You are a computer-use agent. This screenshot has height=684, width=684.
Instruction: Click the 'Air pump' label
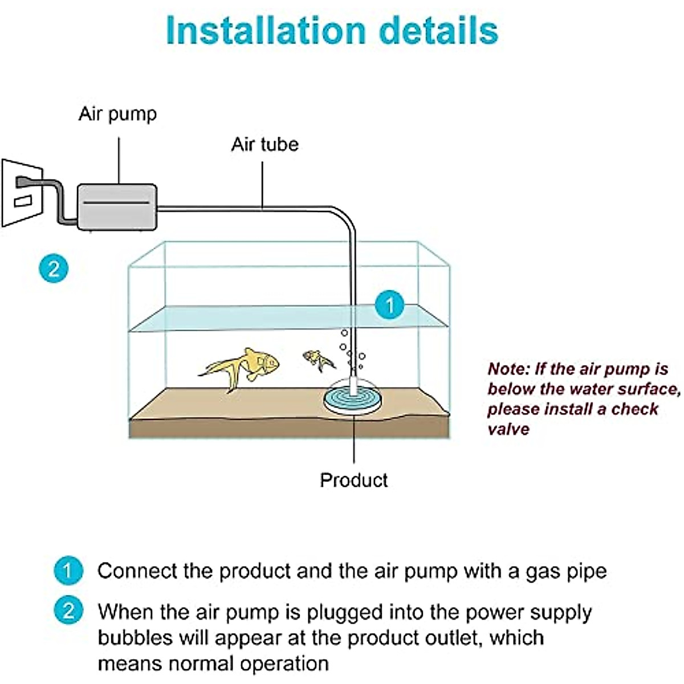117,115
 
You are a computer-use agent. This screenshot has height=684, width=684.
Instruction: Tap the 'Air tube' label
265,144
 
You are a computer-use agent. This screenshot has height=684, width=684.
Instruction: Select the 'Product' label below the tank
353,481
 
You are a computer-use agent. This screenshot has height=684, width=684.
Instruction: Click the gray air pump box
117,207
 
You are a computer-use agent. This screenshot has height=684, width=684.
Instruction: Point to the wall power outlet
22,193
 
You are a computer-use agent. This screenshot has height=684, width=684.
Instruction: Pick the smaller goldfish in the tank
319,360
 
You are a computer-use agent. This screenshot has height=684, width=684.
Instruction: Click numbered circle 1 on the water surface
390,304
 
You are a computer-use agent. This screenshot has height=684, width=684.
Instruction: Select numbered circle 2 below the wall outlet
54,268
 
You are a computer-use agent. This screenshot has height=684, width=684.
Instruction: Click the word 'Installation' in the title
266,30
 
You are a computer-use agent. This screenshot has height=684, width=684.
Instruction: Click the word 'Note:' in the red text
508,369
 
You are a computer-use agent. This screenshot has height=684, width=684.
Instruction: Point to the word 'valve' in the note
508,429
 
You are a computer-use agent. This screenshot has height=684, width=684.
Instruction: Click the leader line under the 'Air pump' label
119,160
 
